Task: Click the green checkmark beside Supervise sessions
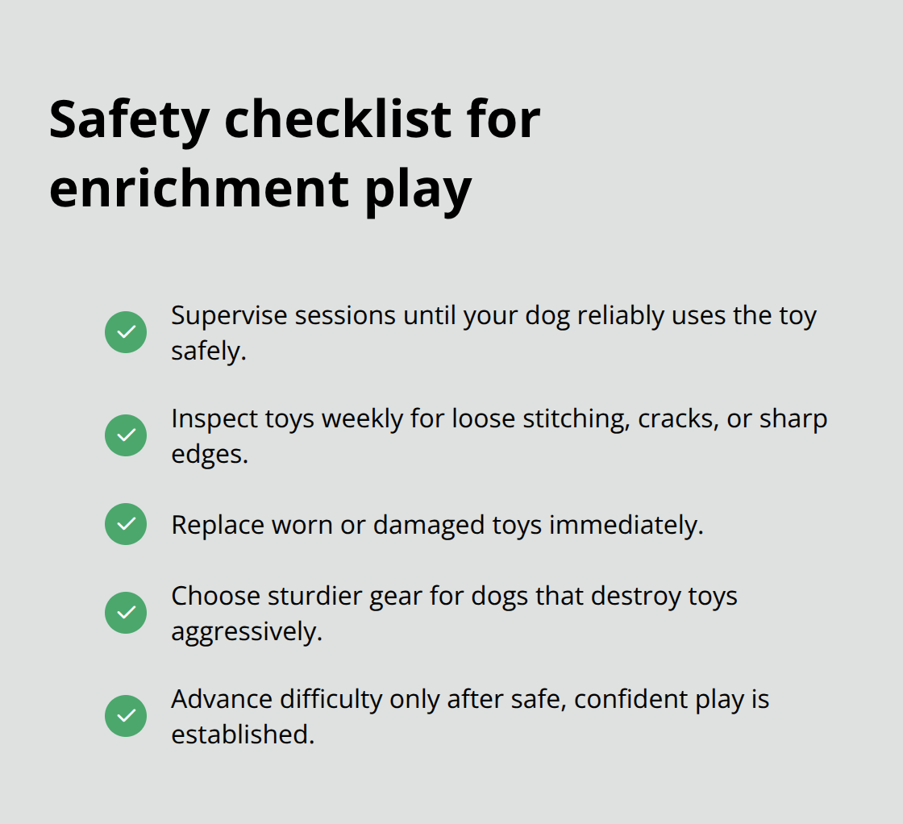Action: click(126, 332)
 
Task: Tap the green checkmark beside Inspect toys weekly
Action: click(126, 435)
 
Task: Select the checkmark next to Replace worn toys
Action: click(126, 524)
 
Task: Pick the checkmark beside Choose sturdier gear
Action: click(126, 613)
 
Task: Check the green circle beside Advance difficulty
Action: click(126, 716)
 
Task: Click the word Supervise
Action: click(228, 316)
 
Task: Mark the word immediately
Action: click(626, 525)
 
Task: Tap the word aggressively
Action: click(246, 632)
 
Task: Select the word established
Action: click(242, 735)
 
